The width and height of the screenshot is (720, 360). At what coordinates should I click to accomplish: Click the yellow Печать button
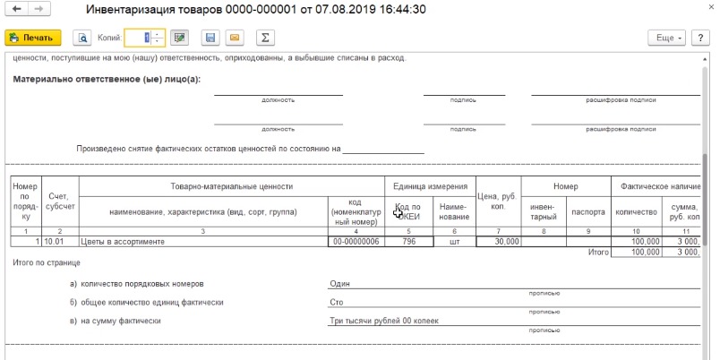point(33,38)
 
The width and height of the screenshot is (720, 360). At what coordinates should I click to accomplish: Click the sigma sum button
point(264,38)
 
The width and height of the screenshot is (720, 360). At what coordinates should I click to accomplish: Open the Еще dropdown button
point(666,38)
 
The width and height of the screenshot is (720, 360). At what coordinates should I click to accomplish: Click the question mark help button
point(702,38)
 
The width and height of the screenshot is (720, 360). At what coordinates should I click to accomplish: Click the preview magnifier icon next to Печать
point(82,38)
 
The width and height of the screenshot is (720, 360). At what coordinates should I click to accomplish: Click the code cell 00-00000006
point(356,241)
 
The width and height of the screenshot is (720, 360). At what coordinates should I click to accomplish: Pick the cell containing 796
point(408,241)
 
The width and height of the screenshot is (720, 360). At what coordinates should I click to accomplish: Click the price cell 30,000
point(497,241)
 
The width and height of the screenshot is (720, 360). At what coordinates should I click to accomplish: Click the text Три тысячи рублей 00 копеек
point(387,321)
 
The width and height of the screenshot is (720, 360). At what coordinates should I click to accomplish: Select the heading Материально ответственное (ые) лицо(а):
point(107,79)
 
